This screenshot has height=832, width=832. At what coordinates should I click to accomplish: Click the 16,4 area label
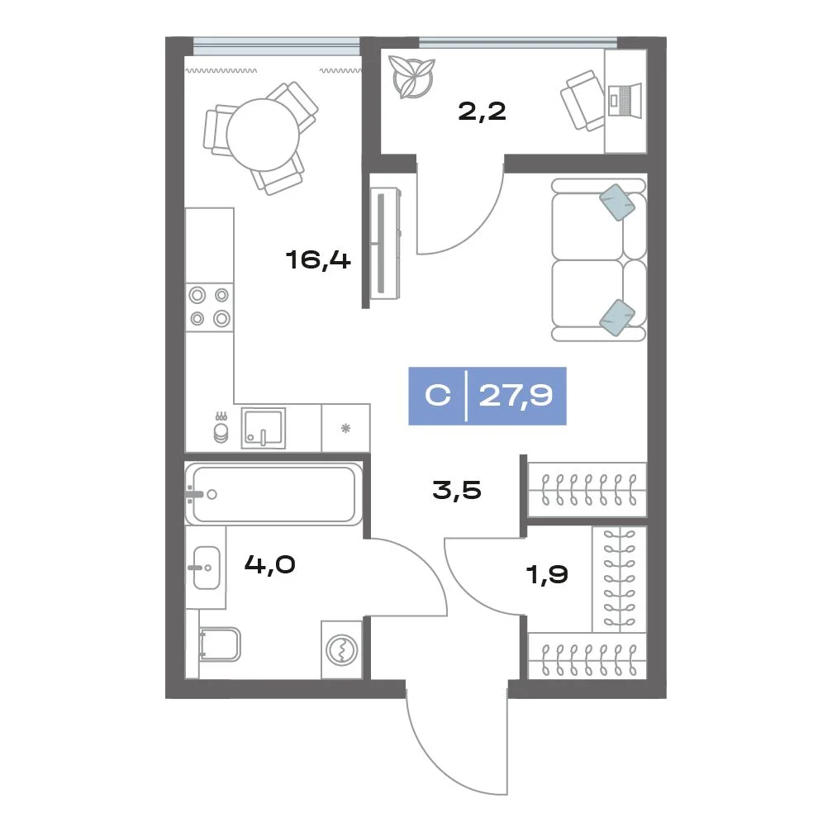click(318, 260)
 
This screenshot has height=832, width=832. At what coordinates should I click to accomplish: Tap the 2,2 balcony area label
click(482, 112)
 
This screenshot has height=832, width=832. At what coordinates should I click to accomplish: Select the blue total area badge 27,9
click(487, 396)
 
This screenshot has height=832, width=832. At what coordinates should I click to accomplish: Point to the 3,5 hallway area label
click(457, 490)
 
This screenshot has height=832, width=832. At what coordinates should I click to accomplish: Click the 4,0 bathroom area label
click(269, 564)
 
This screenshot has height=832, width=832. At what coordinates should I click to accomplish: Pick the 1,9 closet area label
click(546, 574)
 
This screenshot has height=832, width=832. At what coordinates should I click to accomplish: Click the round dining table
click(263, 135)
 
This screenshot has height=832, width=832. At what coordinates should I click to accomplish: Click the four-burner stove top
click(210, 307)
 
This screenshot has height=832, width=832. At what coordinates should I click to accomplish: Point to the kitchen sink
click(264, 428)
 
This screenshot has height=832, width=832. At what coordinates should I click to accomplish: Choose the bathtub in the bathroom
click(273, 494)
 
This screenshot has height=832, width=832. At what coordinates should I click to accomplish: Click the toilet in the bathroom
click(219, 644)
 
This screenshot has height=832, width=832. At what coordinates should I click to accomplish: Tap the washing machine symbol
click(342, 649)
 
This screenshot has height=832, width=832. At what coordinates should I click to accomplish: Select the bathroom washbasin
click(207, 568)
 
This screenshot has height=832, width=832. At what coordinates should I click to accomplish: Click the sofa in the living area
click(599, 259)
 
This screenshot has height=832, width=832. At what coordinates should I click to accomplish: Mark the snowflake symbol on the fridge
click(345, 428)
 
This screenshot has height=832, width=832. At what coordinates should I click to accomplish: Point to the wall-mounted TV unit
click(385, 243)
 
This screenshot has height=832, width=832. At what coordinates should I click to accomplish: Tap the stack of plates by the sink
click(221, 430)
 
